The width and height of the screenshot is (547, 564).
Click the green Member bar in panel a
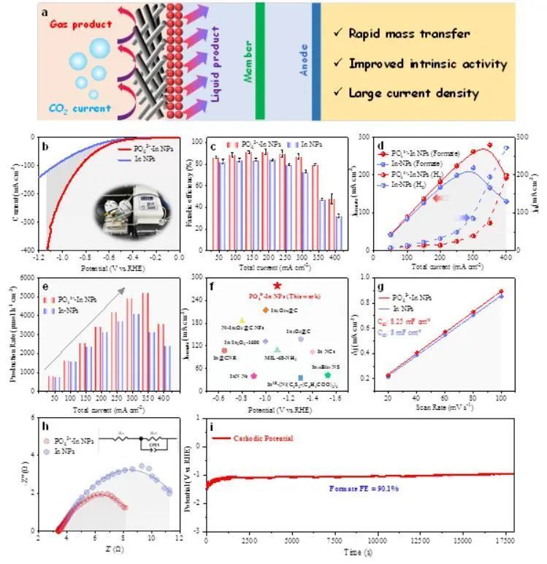[x=259, y=61]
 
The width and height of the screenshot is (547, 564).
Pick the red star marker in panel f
[x=277, y=286]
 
